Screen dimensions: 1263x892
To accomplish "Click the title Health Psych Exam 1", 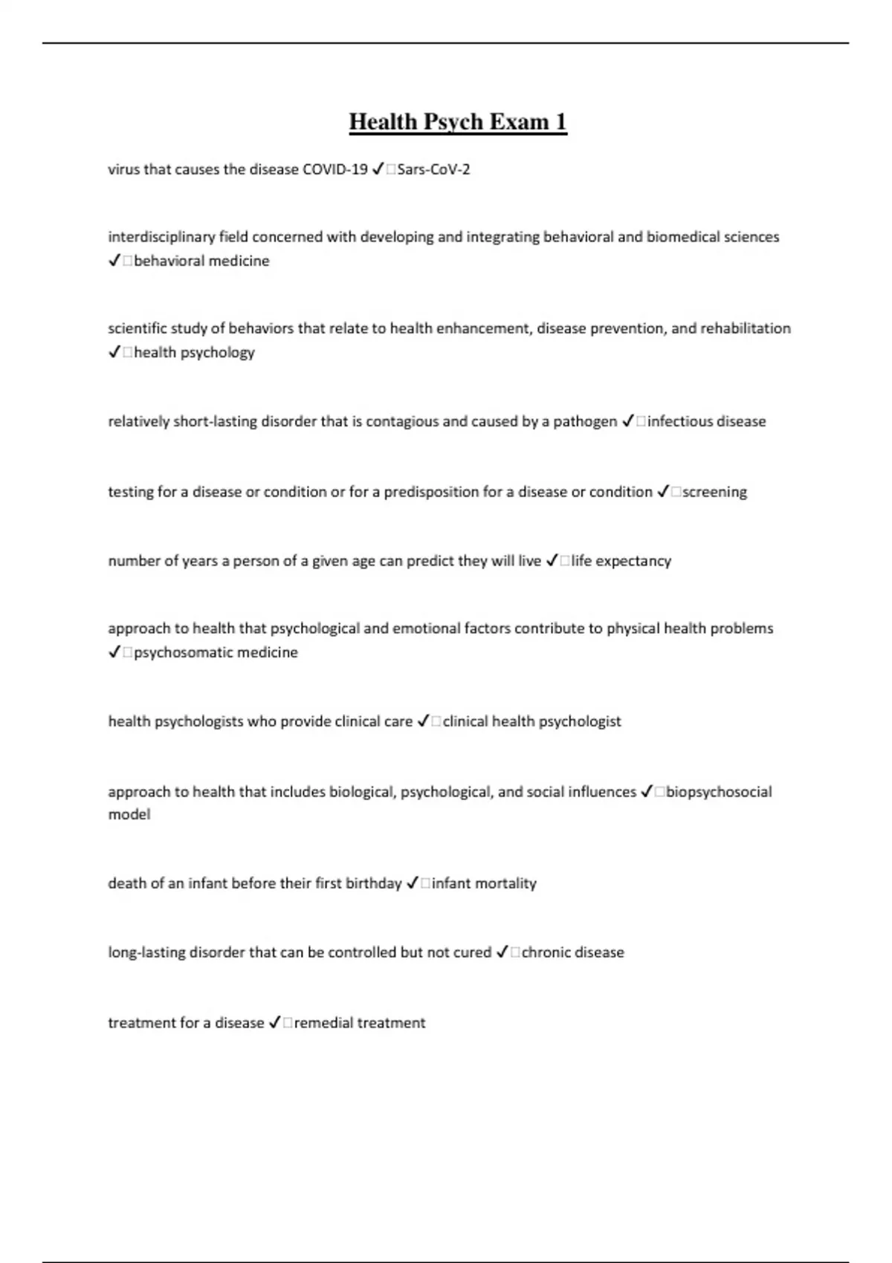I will pyautogui.click(x=458, y=122).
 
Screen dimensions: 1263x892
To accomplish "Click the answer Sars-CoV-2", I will pyautogui.click(x=433, y=169).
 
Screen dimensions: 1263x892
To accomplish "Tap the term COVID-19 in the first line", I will pyautogui.click(x=334, y=169).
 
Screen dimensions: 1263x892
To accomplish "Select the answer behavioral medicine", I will pyautogui.click(x=201, y=261).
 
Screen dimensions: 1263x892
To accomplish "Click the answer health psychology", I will pyautogui.click(x=194, y=352).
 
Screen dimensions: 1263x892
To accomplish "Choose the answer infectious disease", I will pyautogui.click(x=706, y=421).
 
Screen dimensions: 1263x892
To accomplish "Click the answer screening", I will pyautogui.click(x=714, y=492).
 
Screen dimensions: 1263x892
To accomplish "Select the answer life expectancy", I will pyautogui.click(x=621, y=561).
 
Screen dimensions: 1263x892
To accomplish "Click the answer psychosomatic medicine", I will pyautogui.click(x=216, y=652).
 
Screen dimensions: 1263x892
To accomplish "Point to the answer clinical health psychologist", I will pyautogui.click(x=531, y=721).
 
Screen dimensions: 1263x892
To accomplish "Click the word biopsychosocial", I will pyautogui.click(x=719, y=792).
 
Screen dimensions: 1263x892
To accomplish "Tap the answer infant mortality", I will pyautogui.click(x=484, y=883).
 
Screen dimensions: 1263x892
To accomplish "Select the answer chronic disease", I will pyautogui.click(x=572, y=952).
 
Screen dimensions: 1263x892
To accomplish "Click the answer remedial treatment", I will pyautogui.click(x=360, y=1023).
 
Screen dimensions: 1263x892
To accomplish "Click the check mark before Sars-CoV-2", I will pyautogui.click(x=378, y=169).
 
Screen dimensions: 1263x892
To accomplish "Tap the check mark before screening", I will pyautogui.click(x=663, y=492).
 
